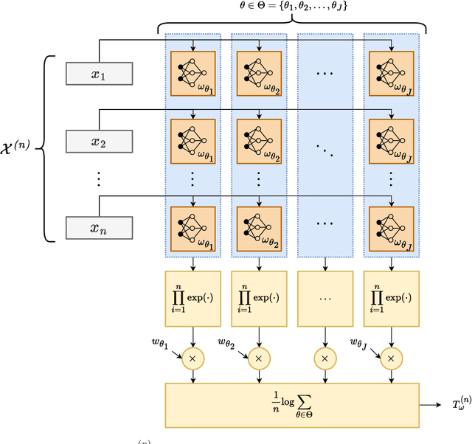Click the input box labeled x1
[98, 74]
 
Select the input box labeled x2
[98, 142]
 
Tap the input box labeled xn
[98, 227]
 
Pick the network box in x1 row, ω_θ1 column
[193, 72]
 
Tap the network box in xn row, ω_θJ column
[390, 226]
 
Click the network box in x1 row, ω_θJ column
[390, 72]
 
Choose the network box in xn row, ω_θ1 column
[193, 226]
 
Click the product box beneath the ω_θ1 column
[193, 299]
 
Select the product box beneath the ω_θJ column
[390, 299]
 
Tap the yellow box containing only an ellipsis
[324, 299]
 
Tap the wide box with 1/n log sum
[292, 405]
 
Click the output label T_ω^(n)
[457, 405]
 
